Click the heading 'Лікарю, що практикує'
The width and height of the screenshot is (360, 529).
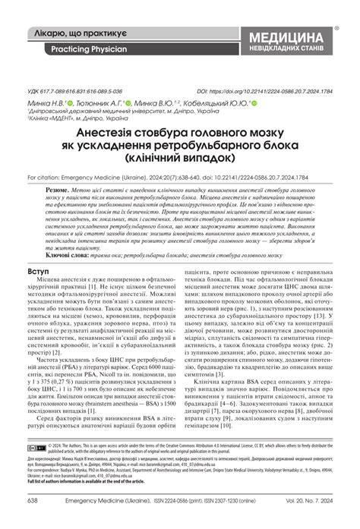84,34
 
